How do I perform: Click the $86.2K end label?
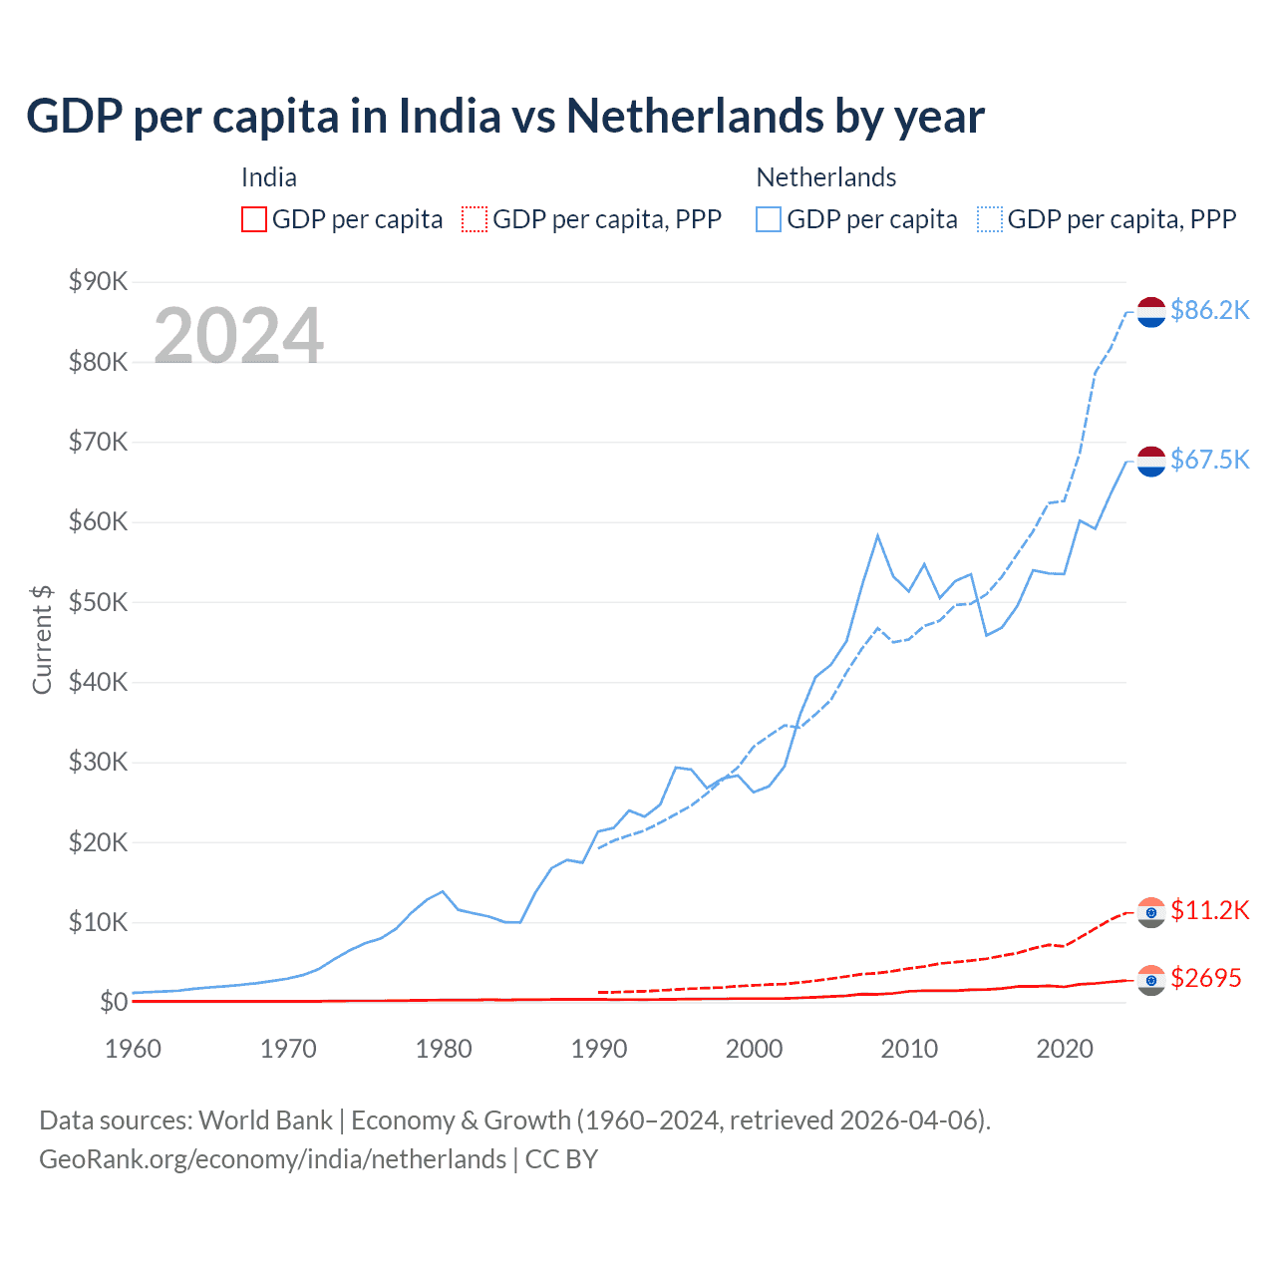(x=1209, y=311)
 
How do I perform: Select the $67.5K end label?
(x=1209, y=460)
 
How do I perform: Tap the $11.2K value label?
(x=1209, y=910)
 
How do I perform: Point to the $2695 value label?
(x=1205, y=978)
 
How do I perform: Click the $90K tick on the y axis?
(x=99, y=282)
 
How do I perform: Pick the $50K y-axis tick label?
(x=99, y=602)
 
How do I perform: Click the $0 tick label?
(x=114, y=1002)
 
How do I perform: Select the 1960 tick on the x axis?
(x=133, y=1049)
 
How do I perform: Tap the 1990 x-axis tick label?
(x=598, y=1049)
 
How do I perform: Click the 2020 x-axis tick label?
(x=1065, y=1049)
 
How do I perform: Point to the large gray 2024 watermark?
(x=238, y=336)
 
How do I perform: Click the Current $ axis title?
(x=42, y=640)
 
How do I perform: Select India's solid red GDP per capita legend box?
(x=254, y=219)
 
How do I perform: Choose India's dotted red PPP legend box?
(x=475, y=219)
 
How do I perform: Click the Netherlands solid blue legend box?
(x=769, y=219)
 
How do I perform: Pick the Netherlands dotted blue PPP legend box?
(x=990, y=219)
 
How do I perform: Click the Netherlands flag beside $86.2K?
(x=1151, y=312)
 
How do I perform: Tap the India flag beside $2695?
(x=1151, y=980)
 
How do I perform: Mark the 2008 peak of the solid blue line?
(x=877, y=535)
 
